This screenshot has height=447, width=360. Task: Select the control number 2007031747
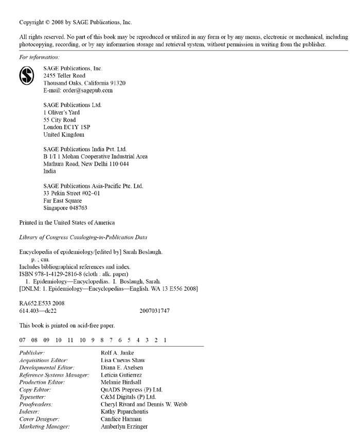154,311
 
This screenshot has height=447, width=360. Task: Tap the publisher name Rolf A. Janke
118,353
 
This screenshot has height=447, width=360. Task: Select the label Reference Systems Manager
54,375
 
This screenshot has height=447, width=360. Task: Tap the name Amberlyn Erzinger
124,426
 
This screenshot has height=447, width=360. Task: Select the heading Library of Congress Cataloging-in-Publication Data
83,237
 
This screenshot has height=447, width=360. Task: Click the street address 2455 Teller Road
64,76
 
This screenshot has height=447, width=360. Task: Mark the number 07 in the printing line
22,340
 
